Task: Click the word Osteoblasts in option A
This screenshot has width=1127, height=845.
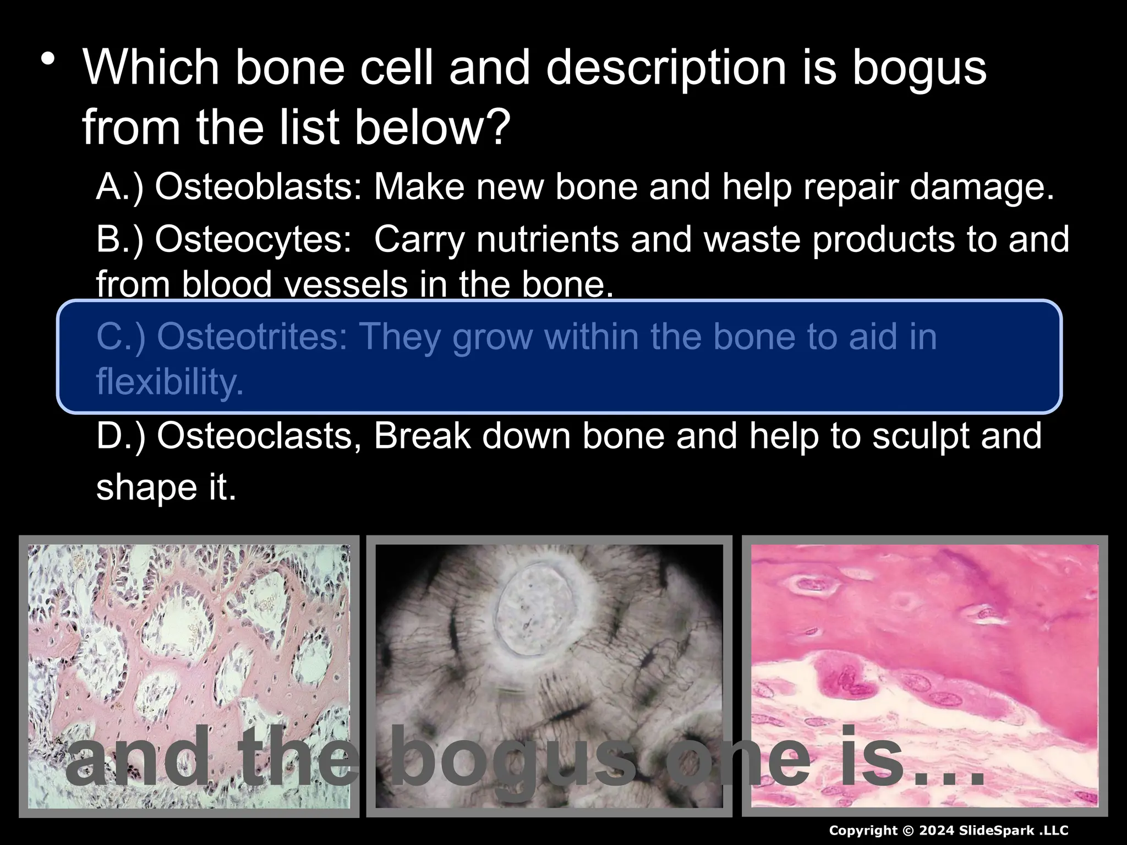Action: [x=258, y=187]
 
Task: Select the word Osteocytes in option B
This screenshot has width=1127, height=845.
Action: [x=253, y=239]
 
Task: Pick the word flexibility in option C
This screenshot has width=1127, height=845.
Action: [x=169, y=381]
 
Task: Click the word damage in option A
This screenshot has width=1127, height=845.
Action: [x=982, y=187]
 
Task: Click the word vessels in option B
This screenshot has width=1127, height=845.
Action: [x=342, y=285]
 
